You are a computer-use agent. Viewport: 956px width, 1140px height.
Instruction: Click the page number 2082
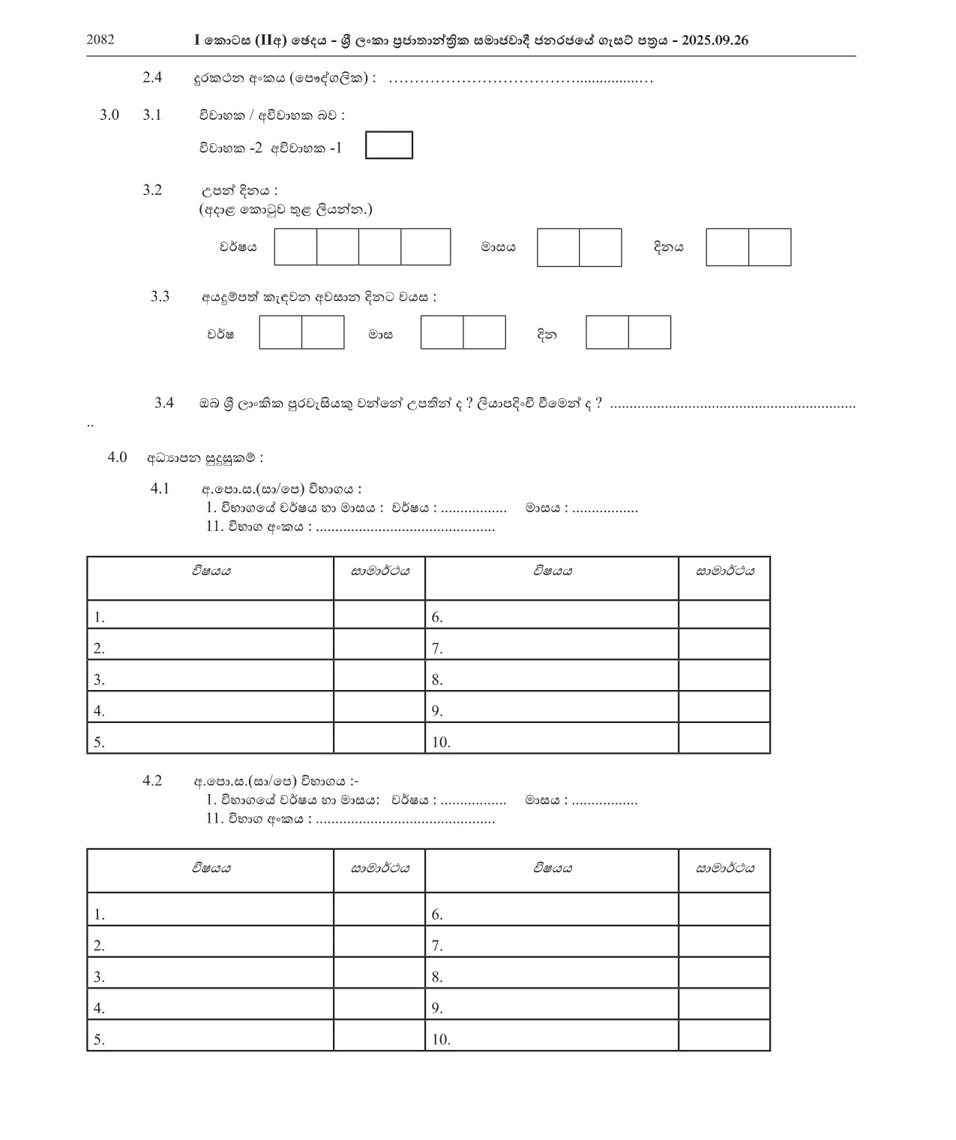[100, 40]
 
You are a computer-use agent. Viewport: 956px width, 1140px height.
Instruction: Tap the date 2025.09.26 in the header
[715, 40]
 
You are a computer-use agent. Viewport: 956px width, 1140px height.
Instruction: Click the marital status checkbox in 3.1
[388, 145]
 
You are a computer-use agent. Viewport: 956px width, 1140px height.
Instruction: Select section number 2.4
[152, 77]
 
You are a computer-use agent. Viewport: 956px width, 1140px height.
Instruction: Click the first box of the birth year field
[295, 247]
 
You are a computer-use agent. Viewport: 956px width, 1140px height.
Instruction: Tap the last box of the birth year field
[426, 247]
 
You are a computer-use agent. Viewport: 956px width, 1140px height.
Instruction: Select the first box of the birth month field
[559, 247]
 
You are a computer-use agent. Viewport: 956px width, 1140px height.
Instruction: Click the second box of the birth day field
[770, 247]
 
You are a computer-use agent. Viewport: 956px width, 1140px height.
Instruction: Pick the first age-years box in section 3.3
[280, 332]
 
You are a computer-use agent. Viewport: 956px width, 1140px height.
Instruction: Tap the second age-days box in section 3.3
[649, 332]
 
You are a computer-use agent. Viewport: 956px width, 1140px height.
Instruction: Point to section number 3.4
[164, 403]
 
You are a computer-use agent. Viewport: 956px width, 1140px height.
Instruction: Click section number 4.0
[117, 457]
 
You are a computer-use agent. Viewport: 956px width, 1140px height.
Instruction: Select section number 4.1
[160, 489]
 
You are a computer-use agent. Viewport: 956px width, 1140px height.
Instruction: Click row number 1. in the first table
[99, 618]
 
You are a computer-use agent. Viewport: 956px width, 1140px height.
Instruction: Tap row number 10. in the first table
[441, 742]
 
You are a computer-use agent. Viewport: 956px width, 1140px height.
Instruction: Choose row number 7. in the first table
[437, 649]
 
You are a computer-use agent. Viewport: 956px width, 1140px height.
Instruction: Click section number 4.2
[152, 781]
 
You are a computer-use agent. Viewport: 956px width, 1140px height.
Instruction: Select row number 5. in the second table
[99, 1039]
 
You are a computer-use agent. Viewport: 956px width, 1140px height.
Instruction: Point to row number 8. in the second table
[437, 977]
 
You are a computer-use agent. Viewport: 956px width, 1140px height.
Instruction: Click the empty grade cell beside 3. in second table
[379, 973]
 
